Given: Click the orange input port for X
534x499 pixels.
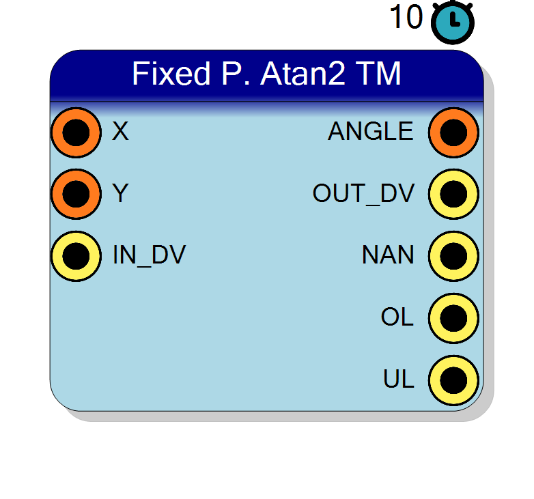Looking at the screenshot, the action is pos(76,132).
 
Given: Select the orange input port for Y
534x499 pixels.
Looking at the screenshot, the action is pos(76,194).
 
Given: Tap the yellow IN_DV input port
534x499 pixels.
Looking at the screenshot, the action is pos(76,256).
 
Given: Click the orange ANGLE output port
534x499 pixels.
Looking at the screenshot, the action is pos(453,132).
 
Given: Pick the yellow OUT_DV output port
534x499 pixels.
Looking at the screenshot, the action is pos(453,194).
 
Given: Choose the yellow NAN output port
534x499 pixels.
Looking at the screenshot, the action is pos(453,256).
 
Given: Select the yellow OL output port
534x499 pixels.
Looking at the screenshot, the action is pos(453,318).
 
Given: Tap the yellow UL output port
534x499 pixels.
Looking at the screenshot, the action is pos(453,380).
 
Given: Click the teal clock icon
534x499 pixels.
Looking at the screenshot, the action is pos(453,22).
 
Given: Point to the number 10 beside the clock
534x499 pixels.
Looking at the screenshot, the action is pos(406,16).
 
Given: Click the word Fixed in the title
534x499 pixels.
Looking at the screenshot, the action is pos(171,73).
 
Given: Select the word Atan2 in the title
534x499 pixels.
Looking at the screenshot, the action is pos(303,73).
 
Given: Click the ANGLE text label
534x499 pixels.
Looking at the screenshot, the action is pos(371,131).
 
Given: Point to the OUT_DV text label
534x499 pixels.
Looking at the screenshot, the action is pos(363,194).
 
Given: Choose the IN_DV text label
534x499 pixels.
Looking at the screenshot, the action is pos(149,255).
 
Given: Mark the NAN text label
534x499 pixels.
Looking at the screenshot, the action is pos(388,255).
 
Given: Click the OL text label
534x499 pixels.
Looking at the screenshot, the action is pos(397,317).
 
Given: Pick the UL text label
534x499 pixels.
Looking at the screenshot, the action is pos(399,379).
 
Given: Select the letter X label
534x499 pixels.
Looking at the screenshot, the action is pos(120,131).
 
